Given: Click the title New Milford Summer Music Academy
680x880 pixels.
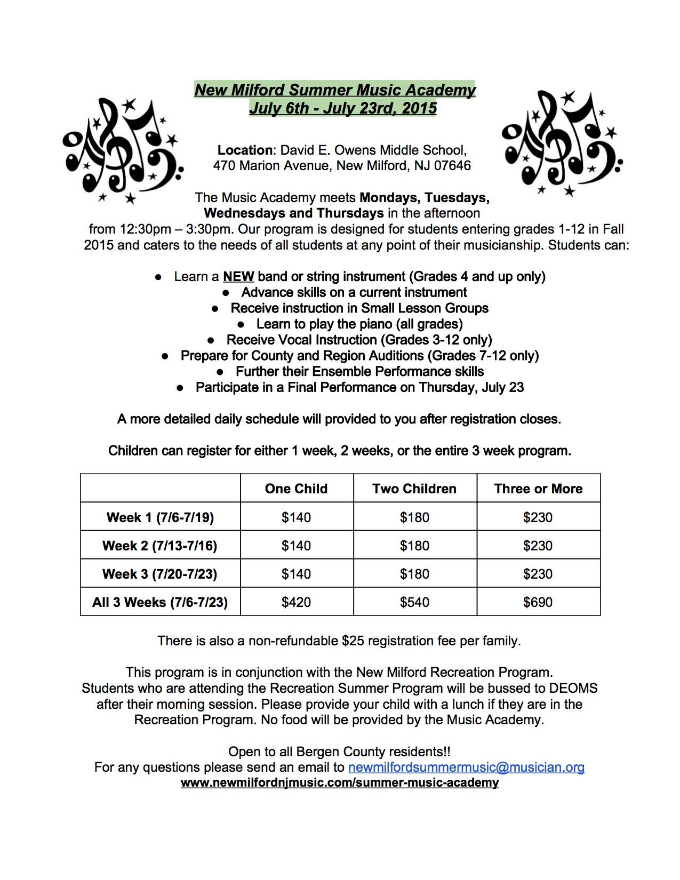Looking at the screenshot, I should coord(335,90).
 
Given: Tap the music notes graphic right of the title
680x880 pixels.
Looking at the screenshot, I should coord(562,143).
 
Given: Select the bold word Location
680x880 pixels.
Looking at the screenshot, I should coord(245,150).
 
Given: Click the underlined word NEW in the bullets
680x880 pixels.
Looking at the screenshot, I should coord(238,277).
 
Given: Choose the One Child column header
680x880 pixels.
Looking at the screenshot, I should coord(296,489).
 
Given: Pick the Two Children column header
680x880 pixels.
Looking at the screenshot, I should coord(414,489).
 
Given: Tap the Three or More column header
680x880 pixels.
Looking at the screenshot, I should coord(538,489).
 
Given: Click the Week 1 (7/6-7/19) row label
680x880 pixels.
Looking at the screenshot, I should coord(160,517).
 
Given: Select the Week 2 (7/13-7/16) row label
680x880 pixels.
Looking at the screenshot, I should coord(160,546).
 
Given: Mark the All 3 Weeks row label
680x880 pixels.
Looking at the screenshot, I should coord(160,602).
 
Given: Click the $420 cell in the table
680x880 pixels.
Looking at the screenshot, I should coord(296,602).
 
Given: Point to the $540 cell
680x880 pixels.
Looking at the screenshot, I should coord(414,602).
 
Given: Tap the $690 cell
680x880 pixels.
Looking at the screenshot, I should coord(538,602).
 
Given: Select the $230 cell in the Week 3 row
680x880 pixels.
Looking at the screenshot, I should coord(538,574).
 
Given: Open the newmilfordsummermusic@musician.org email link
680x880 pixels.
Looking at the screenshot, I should coord(466,767).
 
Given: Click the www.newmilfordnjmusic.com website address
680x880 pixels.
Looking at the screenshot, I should coord(340,783).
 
